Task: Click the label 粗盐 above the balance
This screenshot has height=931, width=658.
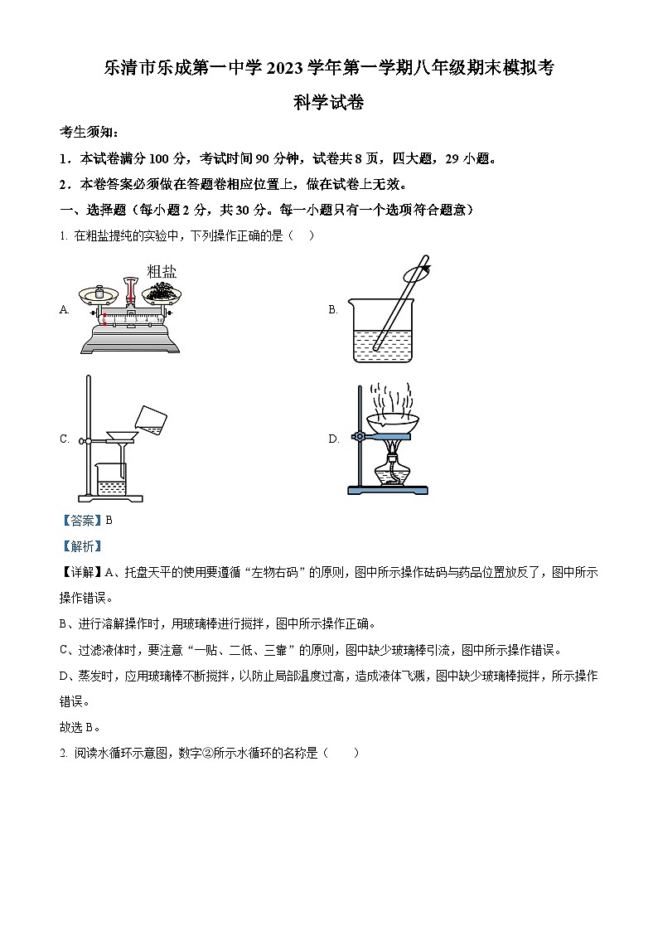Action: tap(162, 271)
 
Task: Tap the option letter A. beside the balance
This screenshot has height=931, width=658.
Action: tap(64, 310)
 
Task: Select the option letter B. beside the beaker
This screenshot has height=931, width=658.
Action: tap(333, 310)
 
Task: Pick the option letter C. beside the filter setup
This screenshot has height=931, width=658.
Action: tap(64, 439)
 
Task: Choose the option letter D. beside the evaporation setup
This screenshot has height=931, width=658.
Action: tap(333, 439)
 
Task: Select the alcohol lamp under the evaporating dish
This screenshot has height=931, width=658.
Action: tap(390, 470)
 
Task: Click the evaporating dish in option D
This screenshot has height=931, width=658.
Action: tap(391, 425)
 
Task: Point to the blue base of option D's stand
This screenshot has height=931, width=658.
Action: tap(388, 491)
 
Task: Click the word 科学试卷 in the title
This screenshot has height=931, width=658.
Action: tap(328, 104)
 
